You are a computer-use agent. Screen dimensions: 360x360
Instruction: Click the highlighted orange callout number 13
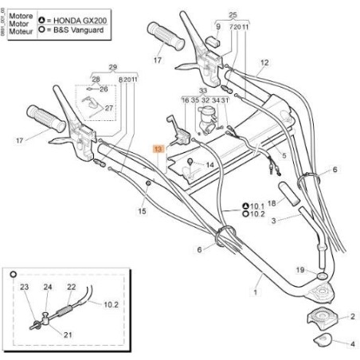point(158,149)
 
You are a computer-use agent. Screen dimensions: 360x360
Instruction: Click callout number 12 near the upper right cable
point(265,61)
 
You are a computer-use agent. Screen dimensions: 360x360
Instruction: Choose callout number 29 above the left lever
point(112,67)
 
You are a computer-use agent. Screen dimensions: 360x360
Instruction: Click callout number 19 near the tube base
point(302,270)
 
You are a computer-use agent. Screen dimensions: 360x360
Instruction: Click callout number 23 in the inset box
point(24,287)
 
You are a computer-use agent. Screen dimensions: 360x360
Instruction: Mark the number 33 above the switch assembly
point(203,91)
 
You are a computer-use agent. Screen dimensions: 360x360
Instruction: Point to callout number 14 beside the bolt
point(209,165)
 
